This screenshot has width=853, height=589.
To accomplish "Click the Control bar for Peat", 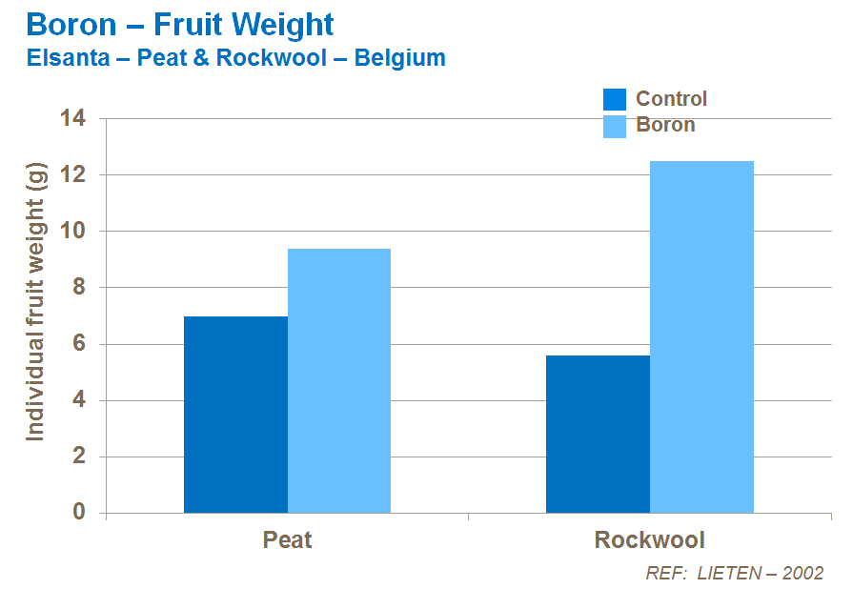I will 235,415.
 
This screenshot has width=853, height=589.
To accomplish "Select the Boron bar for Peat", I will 339,380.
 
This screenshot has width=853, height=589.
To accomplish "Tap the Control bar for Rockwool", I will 598,434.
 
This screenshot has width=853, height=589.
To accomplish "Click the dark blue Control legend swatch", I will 615,99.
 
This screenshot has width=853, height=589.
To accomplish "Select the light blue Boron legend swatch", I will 615,126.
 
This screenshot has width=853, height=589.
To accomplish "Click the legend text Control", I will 671,99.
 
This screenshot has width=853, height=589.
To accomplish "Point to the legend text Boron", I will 665,125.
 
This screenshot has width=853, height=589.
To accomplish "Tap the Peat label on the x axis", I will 287,540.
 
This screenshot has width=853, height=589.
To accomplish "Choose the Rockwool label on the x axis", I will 649,540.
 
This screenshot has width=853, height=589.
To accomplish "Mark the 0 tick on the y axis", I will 79,513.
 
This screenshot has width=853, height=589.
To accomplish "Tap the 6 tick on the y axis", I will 79,344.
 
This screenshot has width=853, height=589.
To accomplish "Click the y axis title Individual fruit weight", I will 36,300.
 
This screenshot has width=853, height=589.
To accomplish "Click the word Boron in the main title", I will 71,24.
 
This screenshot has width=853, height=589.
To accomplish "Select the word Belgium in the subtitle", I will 399,58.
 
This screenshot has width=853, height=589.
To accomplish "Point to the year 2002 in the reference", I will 802,573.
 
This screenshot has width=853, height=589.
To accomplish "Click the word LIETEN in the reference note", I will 731,573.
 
